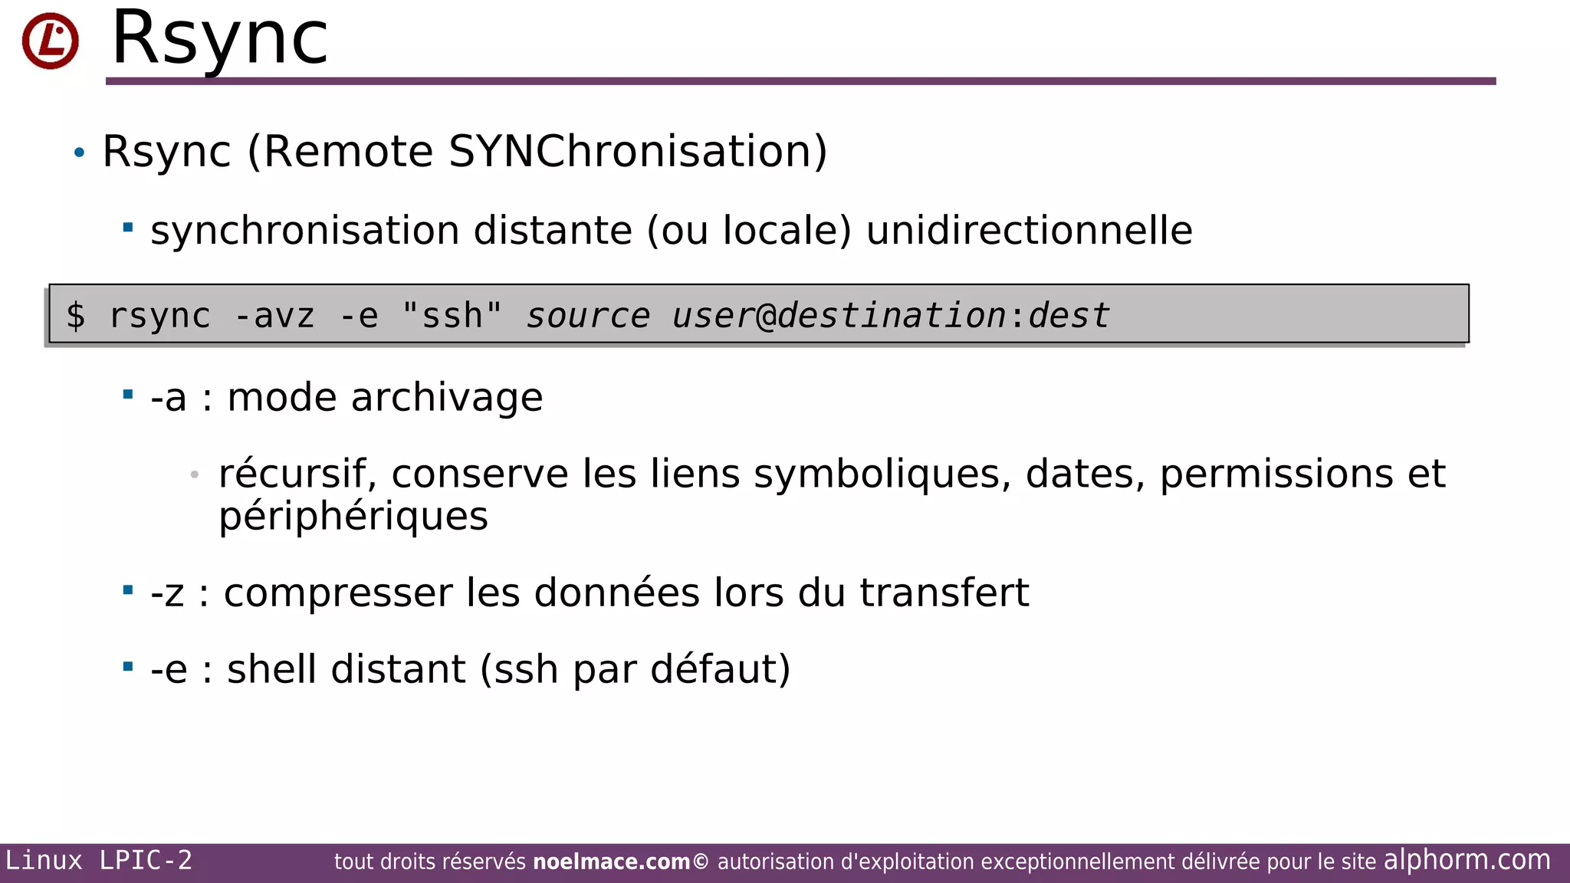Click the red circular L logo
[x=51, y=41]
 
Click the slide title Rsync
[x=220, y=38]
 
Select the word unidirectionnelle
[x=1029, y=231]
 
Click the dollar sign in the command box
[x=75, y=316]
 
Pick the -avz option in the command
[x=274, y=316]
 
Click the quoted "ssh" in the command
[x=452, y=316]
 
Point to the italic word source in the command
[x=588, y=316]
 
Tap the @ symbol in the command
[x=766, y=316]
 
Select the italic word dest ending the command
[x=1069, y=316]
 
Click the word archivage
[x=447, y=398]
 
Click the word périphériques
[x=353, y=516]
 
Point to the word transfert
[x=944, y=593]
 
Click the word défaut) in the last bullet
[x=721, y=669]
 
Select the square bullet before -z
[x=128, y=589]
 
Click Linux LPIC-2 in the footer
[x=99, y=861]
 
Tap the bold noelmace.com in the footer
[x=612, y=862]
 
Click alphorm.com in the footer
[x=1467, y=860]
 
